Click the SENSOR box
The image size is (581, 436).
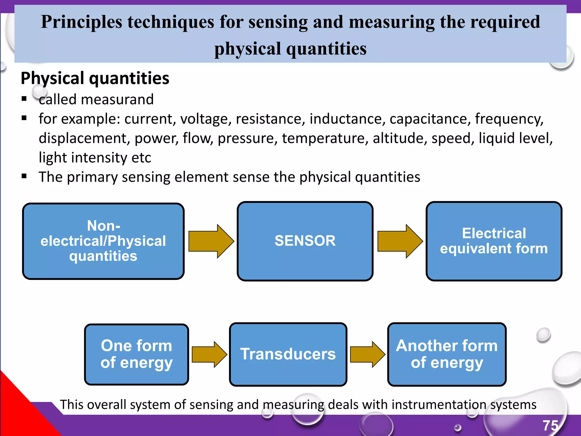(x=305, y=241)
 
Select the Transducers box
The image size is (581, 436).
(x=288, y=354)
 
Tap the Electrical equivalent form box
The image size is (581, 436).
(x=494, y=241)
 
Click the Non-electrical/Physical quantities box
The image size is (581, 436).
(x=103, y=241)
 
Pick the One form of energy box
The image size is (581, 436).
(x=136, y=354)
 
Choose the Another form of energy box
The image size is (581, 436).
(x=447, y=354)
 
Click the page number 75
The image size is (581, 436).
(x=550, y=425)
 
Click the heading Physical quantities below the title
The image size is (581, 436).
(x=95, y=78)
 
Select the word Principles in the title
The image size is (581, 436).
(x=81, y=22)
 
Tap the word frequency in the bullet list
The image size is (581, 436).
(x=509, y=119)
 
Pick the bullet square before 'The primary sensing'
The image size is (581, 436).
(x=24, y=176)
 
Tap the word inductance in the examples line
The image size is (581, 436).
(x=347, y=119)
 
